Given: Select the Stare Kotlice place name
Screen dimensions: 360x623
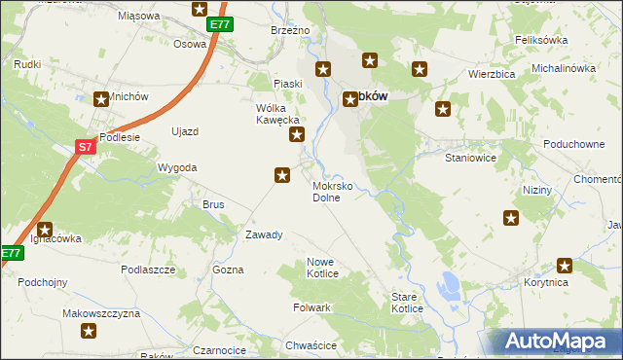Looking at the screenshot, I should (x=407, y=303).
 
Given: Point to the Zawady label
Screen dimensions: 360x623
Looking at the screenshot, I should (x=264, y=234).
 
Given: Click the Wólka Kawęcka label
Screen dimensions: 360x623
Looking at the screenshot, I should (x=275, y=114).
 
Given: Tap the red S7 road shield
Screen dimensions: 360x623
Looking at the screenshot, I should (x=86, y=147).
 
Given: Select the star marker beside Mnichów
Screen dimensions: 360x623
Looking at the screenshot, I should (x=101, y=98).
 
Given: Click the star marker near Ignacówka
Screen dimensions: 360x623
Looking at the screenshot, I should (x=45, y=229).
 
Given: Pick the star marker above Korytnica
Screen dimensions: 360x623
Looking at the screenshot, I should (x=564, y=265).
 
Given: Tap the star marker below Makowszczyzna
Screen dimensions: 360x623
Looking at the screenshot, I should (x=88, y=331).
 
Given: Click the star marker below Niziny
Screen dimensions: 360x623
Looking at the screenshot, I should (x=511, y=218).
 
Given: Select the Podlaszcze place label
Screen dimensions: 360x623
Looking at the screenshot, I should (x=148, y=269).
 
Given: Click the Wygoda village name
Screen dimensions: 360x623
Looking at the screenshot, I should (x=177, y=167).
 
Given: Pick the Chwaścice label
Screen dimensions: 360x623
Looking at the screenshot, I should (x=311, y=345).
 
